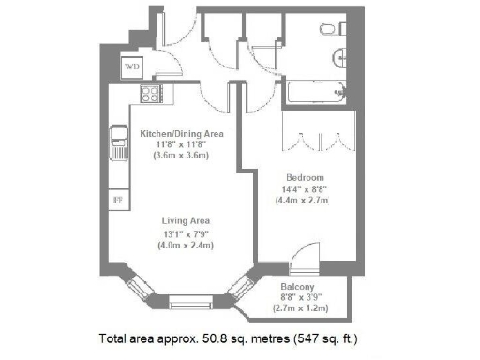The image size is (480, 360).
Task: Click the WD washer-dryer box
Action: pos(132,67)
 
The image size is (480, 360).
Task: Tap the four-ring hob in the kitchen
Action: pos(149,94)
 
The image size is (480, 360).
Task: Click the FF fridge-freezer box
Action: pos(118,200)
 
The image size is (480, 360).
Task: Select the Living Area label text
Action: pos(185,222)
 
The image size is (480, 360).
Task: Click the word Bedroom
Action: pos(305,177)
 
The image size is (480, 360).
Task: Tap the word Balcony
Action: pos(298,288)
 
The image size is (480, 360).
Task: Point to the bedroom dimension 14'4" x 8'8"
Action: pos(305,188)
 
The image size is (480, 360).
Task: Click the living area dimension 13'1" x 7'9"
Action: pos(186,234)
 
